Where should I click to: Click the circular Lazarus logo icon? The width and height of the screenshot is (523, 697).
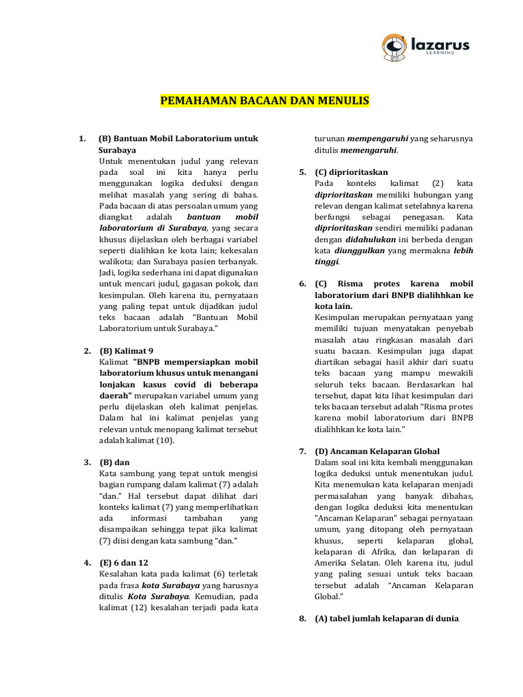pos(394,46)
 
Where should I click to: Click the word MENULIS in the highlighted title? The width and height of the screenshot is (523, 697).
pos(344,101)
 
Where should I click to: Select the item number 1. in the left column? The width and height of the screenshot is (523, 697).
pos(82,139)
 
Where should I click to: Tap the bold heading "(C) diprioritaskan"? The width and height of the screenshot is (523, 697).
pos(351,172)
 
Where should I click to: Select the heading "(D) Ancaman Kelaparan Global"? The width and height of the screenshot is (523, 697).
pos(377,451)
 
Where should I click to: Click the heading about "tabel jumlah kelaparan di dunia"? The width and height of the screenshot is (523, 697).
pos(386,619)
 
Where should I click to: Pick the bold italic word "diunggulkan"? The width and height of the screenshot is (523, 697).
pos(358,250)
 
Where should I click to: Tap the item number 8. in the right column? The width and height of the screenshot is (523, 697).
pos(302,619)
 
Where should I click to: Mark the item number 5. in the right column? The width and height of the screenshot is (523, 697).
pos(302,172)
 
